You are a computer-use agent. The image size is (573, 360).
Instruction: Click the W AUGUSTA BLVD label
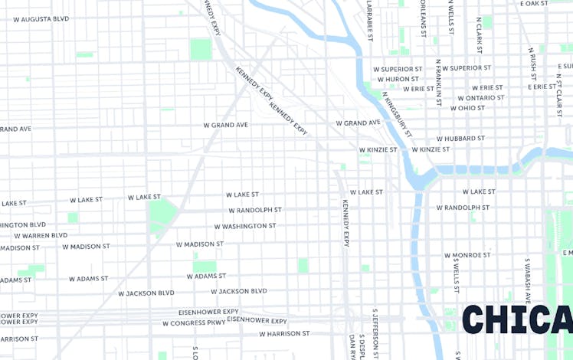(41, 18)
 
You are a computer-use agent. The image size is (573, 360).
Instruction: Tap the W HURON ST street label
(397, 79)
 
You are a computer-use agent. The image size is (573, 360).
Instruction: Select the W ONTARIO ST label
(481, 98)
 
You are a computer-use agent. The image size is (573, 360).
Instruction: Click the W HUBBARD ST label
(460, 139)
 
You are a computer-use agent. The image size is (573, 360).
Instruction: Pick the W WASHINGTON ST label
(244, 227)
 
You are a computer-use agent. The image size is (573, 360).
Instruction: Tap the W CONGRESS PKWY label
(194, 323)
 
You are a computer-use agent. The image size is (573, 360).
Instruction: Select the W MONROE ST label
(467, 255)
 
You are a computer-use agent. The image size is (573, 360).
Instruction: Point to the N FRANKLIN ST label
(438, 80)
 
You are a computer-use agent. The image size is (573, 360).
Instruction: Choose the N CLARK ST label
(479, 35)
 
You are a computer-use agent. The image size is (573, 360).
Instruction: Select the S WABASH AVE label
(528, 277)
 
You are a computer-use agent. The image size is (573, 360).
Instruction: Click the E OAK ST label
(534, 4)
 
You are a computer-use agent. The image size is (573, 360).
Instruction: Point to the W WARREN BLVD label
(40, 236)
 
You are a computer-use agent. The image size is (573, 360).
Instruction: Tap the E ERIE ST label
(542, 87)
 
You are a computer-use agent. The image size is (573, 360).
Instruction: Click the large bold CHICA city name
(517, 319)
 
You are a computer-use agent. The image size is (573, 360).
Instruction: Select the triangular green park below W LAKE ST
(161, 214)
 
